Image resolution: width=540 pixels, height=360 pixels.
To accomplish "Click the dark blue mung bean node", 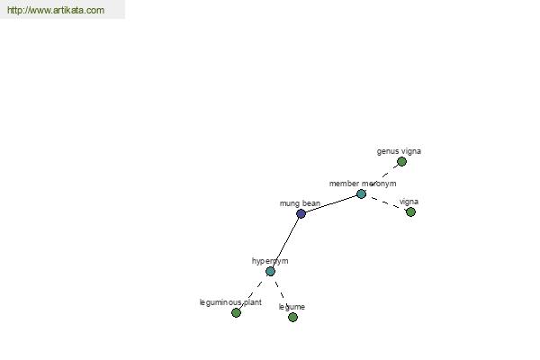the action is coord(301,213).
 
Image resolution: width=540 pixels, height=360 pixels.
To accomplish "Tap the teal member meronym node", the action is coord(361,194).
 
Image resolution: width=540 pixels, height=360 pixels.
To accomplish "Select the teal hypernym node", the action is coord(270,272).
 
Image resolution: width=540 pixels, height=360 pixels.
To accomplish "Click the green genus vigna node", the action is coord(401,161).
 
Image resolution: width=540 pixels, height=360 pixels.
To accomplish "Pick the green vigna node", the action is coord(410,211).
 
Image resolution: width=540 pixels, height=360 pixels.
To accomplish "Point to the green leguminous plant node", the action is coord(236,312).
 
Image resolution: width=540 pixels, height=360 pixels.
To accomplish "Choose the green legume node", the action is coord(292,317).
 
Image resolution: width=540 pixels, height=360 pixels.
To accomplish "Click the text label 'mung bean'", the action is coord(300,203).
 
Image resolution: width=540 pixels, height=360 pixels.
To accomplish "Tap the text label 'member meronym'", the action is coord(363,184).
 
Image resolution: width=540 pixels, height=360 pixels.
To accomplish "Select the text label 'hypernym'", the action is coord(270,261).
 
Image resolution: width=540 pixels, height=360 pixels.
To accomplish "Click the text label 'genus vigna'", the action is coord(399,151).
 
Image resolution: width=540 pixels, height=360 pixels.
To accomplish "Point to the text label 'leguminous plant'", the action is coord(230,302).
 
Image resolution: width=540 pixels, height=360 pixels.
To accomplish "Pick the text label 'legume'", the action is coord(292,307).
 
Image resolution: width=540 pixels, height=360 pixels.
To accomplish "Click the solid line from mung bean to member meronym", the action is coord(331,204).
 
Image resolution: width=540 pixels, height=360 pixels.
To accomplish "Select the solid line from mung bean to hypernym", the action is coord(285,242).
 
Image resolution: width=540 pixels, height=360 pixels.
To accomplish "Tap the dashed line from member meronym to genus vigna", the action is coord(382,177).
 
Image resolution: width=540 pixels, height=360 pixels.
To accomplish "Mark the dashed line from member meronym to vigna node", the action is coord(386,202).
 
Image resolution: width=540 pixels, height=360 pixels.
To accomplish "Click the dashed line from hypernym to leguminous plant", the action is coord(253,292).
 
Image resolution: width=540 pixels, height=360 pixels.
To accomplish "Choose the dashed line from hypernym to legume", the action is coord(282,294).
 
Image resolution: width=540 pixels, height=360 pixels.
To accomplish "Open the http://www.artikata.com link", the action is coord(56,10).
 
